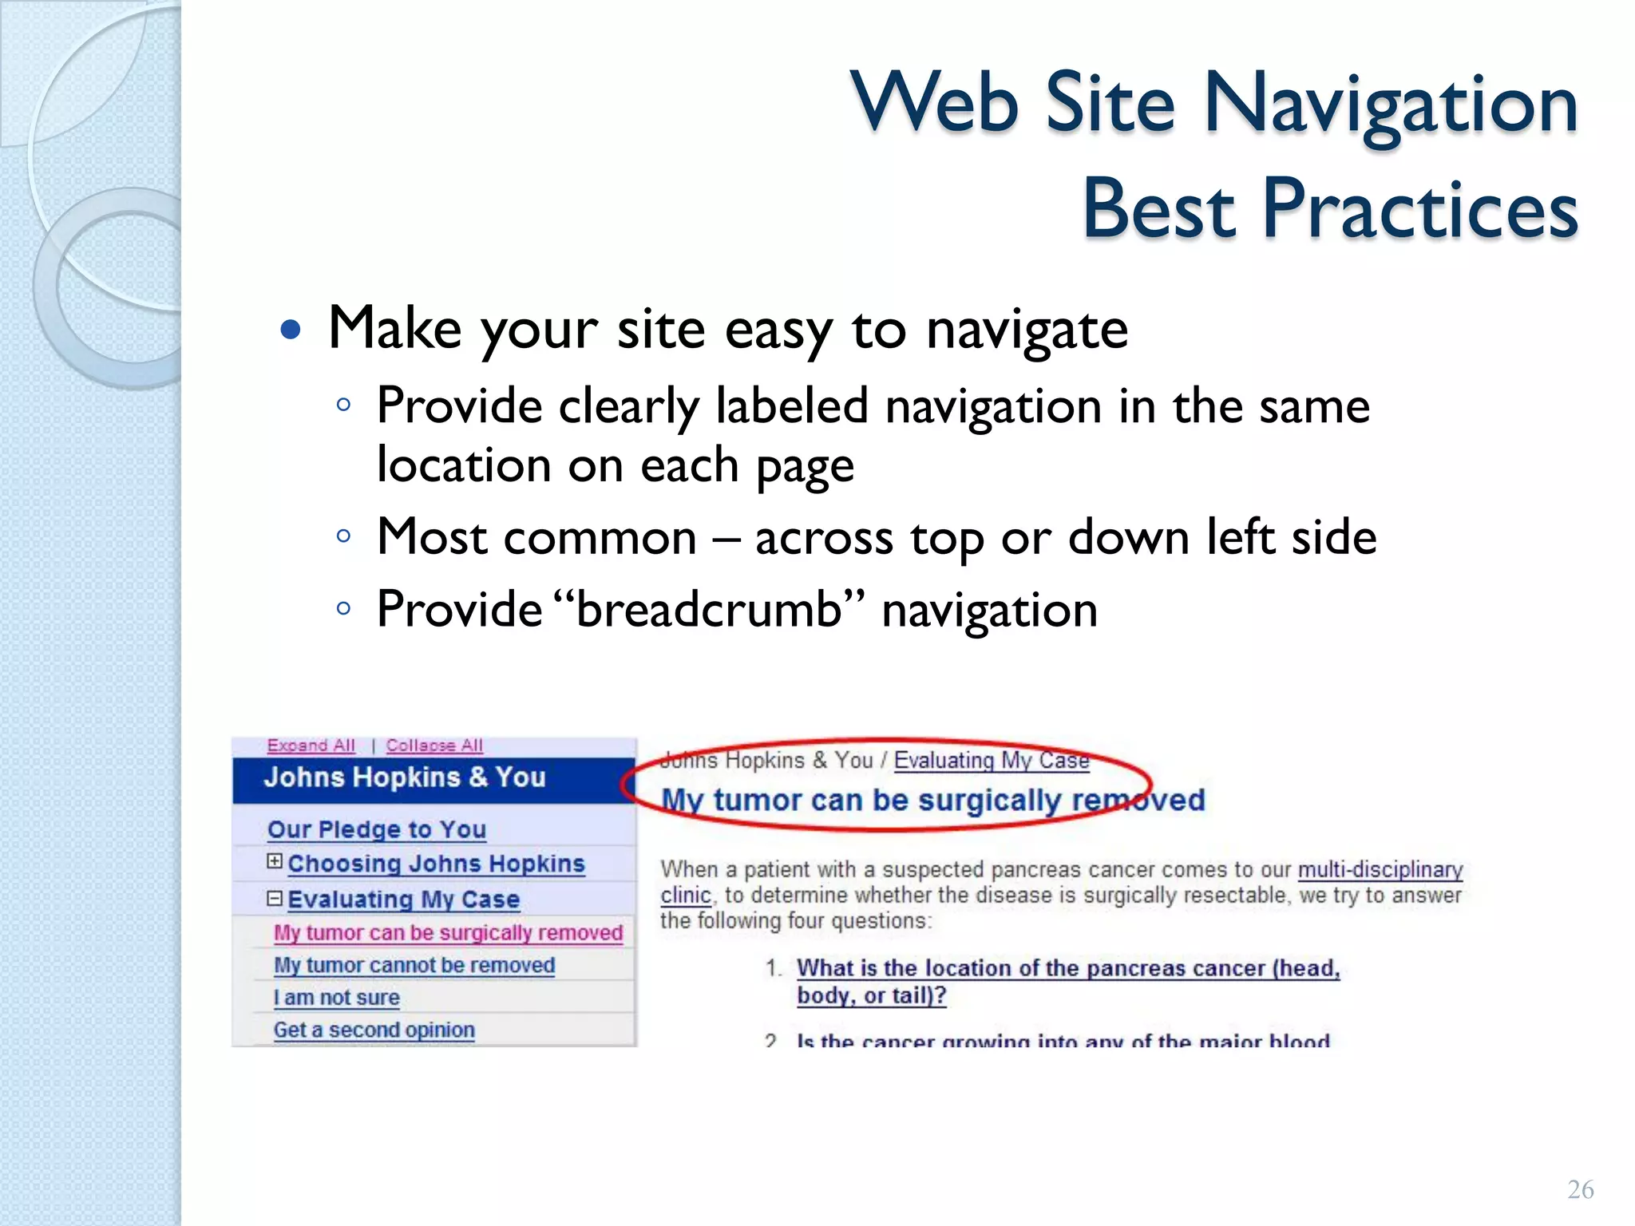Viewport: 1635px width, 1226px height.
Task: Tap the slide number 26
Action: (1580, 1189)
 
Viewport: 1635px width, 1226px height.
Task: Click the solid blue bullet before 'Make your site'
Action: (291, 330)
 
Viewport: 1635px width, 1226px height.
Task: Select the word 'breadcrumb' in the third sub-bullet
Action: (709, 610)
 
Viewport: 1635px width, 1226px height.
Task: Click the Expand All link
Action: (311, 745)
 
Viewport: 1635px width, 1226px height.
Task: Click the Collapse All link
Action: (434, 745)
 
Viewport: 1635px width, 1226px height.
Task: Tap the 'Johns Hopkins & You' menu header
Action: (405, 777)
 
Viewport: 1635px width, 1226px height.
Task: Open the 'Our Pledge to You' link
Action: (376, 829)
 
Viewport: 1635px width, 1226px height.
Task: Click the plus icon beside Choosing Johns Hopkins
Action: (275, 861)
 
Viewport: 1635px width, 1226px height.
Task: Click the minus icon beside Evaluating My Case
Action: (275, 899)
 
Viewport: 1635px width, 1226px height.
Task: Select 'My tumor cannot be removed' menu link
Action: (414, 965)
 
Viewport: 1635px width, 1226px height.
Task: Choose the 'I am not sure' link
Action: (336, 998)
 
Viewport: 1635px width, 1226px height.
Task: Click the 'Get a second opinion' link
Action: (374, 1030)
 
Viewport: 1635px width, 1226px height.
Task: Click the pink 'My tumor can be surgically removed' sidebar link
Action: (447, 932)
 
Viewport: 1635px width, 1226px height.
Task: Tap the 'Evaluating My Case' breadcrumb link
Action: (991, 760)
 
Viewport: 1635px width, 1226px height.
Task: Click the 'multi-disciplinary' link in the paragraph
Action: (1380, 869)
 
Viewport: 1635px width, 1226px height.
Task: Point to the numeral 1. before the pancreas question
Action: (772, 968)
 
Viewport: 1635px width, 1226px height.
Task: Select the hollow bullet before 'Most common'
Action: (344, 536)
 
